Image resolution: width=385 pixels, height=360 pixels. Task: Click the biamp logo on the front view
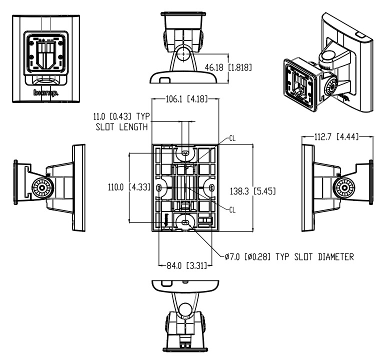pyautogui.click(x=45, y=92)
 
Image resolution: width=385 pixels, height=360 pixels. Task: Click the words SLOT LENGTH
pyautogui.click(x=122, y=127)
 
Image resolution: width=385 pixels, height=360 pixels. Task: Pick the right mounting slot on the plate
pyautogui.click(x=212, y=187)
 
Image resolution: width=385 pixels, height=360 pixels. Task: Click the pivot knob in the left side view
pyautogui.click(x=39, y=188)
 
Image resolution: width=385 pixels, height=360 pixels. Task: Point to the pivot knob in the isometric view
pyautogui.click(x=330, y=87)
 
